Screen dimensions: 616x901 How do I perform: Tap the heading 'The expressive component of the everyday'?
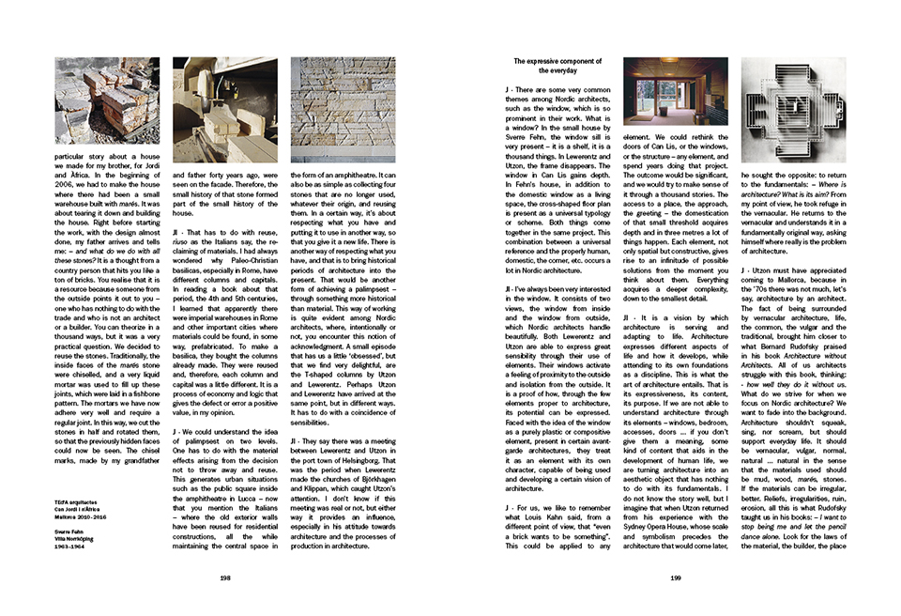point(544,66)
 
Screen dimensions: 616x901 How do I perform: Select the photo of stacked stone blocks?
point(94,100)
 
